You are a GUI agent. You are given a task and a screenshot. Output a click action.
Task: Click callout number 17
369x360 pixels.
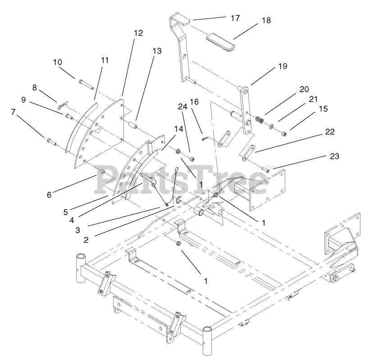(235, 18)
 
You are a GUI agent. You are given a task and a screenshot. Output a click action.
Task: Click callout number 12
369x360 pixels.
(138, 33)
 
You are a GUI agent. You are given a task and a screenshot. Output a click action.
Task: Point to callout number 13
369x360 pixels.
(156, 51)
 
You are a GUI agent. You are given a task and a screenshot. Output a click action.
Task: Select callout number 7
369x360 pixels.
(14, 111)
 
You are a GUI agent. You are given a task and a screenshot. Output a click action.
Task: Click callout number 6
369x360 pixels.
(49, 194)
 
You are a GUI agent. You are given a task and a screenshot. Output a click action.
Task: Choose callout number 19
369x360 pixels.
(282, 67)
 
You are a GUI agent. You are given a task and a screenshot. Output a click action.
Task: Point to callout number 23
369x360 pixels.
(334, 157)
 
